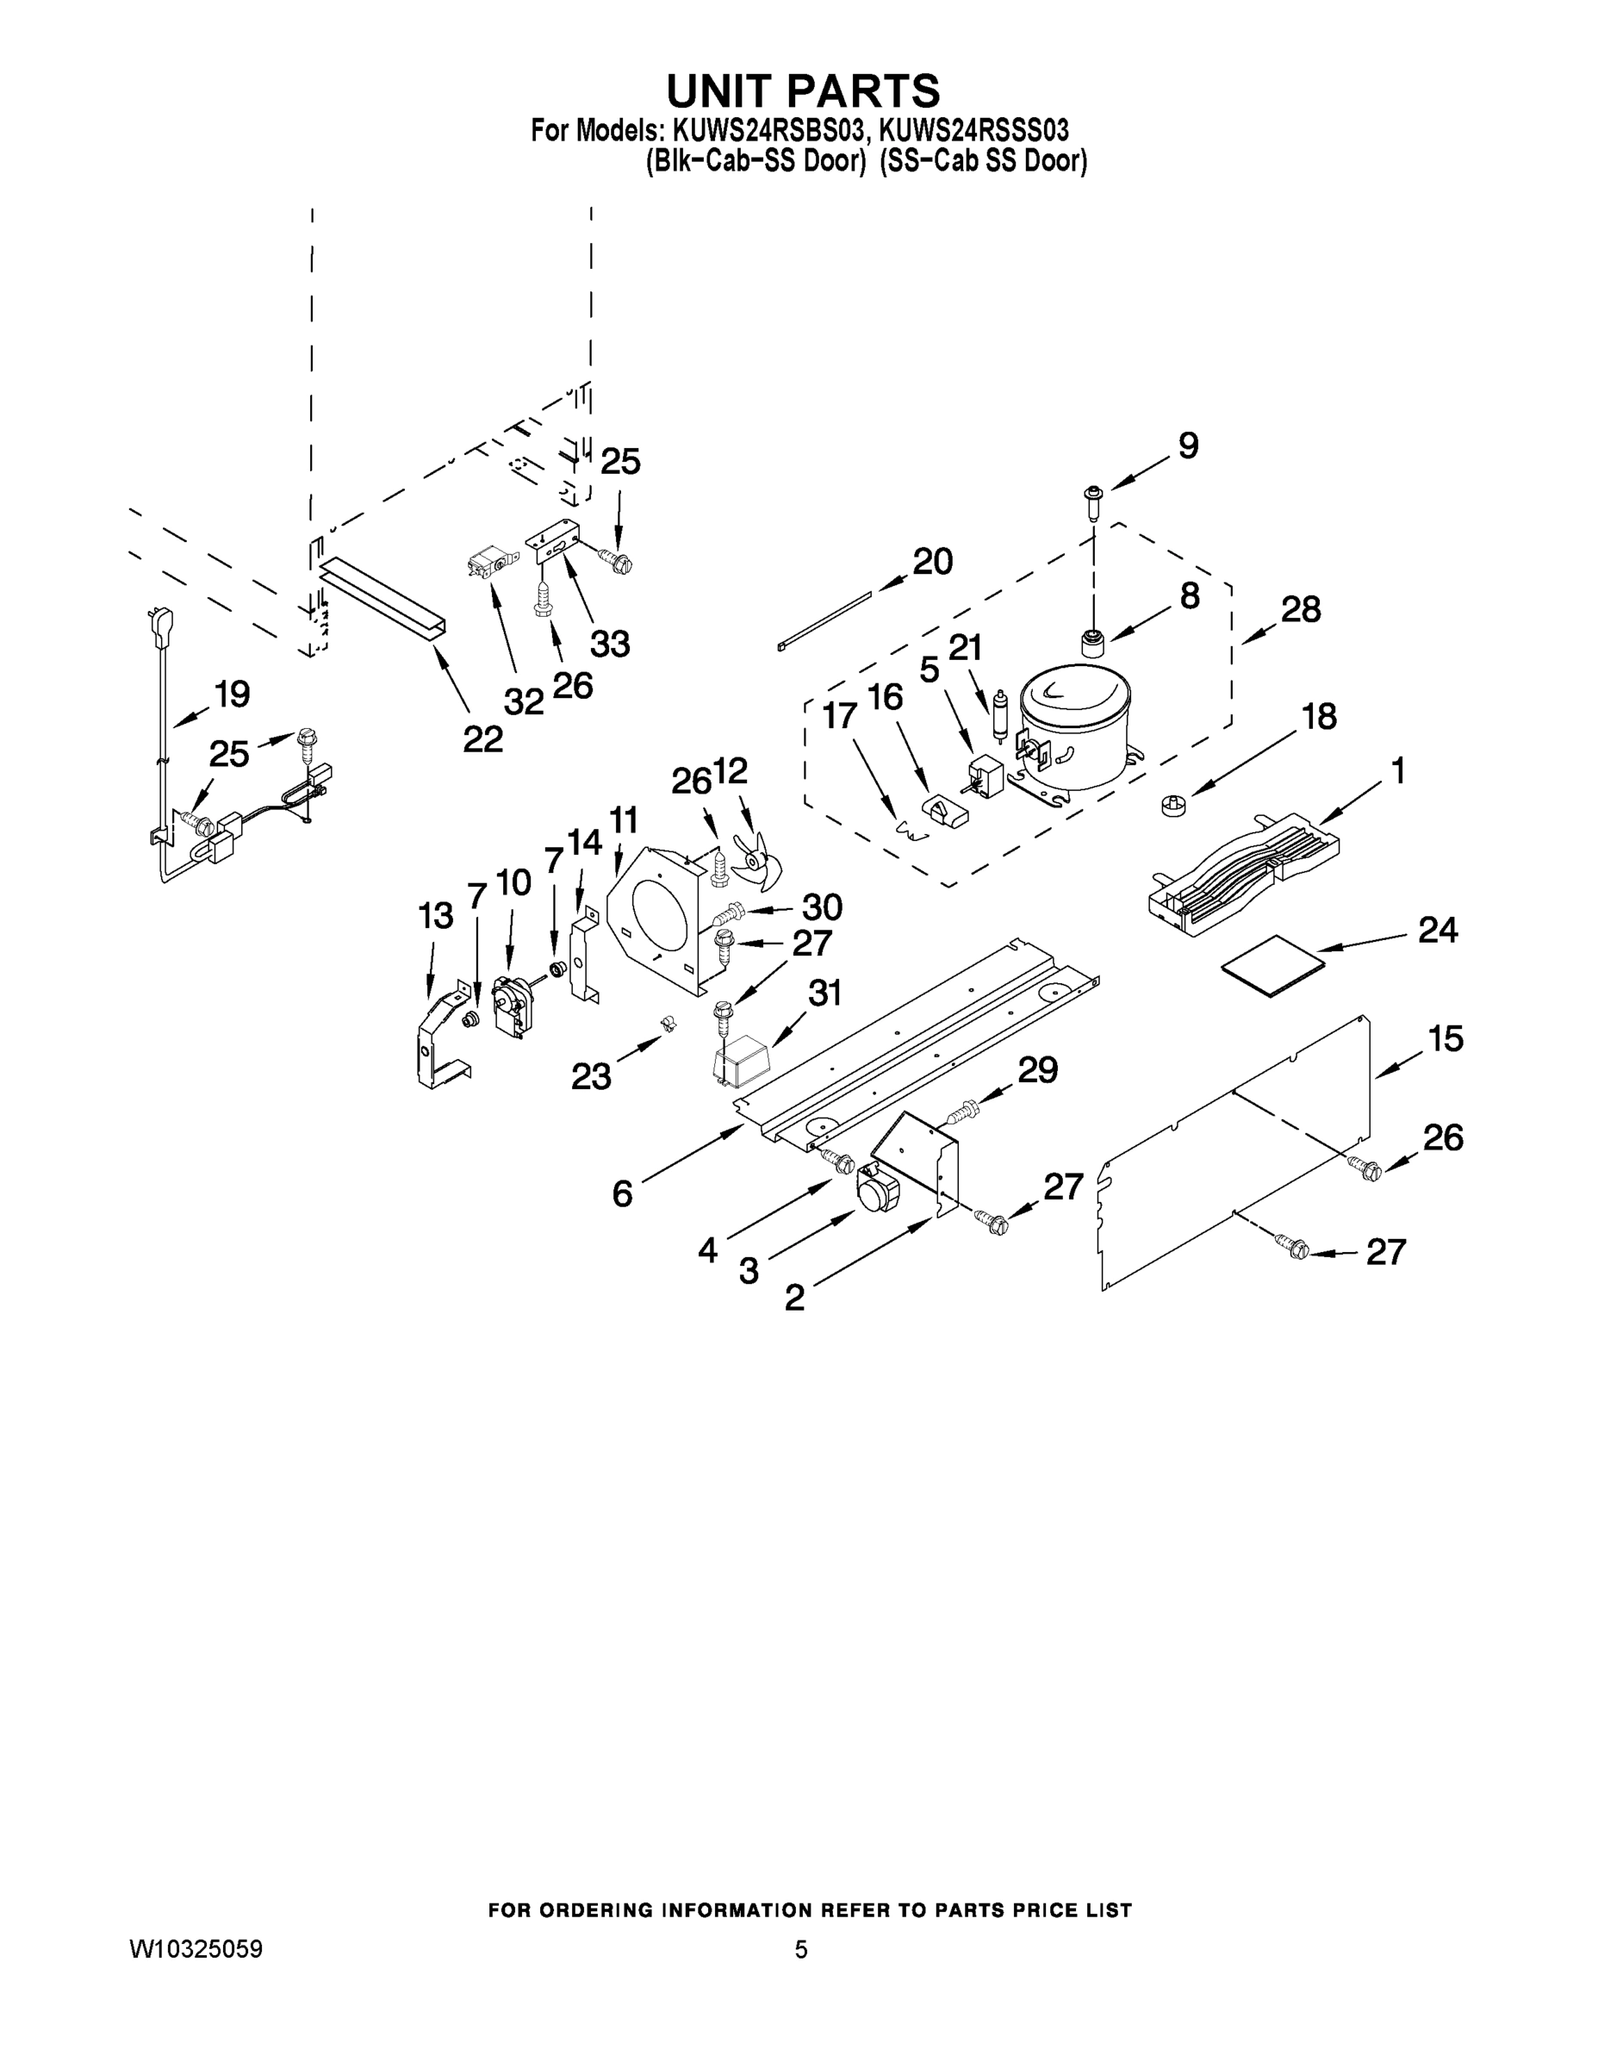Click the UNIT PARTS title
pos(803,90)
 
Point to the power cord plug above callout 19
pos(153,626)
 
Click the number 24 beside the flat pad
pos(1437,930)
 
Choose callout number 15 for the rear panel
pos(1446,1037)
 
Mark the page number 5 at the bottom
pos(801,1949)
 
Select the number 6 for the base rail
pos(622,1193)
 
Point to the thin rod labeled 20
pos(824,620)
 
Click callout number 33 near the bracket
pos(610,643)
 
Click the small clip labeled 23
pos(667,1025)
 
